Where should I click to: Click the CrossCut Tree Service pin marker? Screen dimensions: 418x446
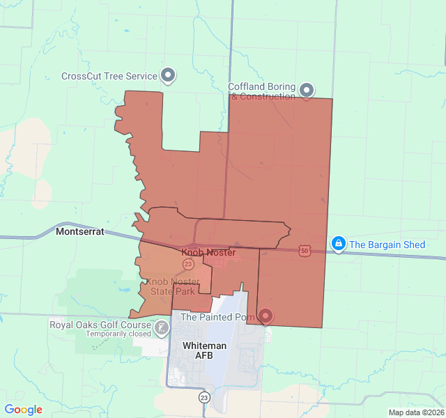pos(168,75)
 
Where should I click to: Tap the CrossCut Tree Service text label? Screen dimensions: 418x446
pos(109,77)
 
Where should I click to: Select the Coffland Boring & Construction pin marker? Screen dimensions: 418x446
pos(307,89)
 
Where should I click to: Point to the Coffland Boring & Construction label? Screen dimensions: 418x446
pos(263,91)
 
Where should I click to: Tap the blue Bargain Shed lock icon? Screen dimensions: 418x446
pos(338,243)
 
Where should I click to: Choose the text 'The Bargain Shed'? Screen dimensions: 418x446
pos(387,245)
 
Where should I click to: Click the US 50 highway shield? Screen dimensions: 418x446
pos(305,250)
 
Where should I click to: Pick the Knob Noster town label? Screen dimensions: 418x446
pos(208,252)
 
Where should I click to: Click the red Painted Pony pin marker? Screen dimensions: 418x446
pos(266,316)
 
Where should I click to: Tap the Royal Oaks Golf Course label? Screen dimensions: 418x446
pos(100,325)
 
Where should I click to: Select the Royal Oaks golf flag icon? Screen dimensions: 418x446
pos(162,327)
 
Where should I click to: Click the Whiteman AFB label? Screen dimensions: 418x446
pos(204,350)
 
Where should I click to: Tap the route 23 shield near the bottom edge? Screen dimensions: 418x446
pos(204,397)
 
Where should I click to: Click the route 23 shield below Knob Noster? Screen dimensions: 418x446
pos(188,264)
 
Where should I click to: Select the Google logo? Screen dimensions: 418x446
pos(23,410)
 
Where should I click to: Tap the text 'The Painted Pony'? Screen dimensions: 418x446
pos(217,317)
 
